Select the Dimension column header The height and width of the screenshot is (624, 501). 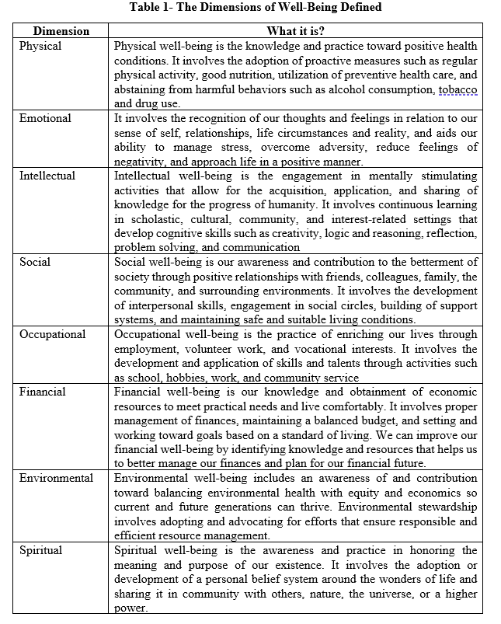tap(61, 32)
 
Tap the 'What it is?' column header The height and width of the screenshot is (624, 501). tap(295, 32)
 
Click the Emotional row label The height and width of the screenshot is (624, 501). tap(45, 119)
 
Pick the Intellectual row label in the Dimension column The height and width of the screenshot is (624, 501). tap(47, 176)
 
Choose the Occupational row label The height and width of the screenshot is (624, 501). tap(53, 334)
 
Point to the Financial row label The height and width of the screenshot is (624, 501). tap(43, 392)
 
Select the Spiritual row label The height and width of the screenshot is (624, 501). tap(42, 550)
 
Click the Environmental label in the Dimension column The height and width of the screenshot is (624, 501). tap(57, 478)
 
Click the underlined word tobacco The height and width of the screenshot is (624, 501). tap(458, 90)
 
